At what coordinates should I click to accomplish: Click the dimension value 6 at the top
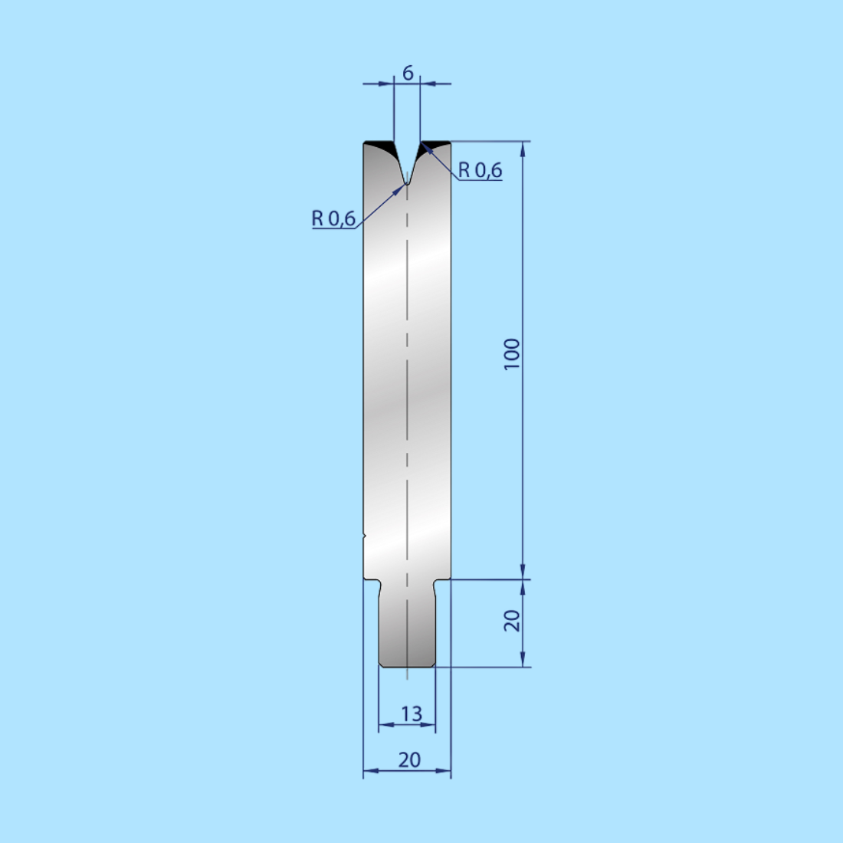click(408, 73)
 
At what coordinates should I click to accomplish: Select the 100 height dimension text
click(512, 354)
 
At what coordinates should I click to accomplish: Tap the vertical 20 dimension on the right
click(512, 621)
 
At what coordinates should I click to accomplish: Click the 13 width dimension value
click(412, 713)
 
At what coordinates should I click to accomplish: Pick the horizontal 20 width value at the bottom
click(409, 759)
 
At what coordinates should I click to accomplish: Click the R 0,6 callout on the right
click(480, 170)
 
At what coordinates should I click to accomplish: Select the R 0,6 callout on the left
click(333, 218)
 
